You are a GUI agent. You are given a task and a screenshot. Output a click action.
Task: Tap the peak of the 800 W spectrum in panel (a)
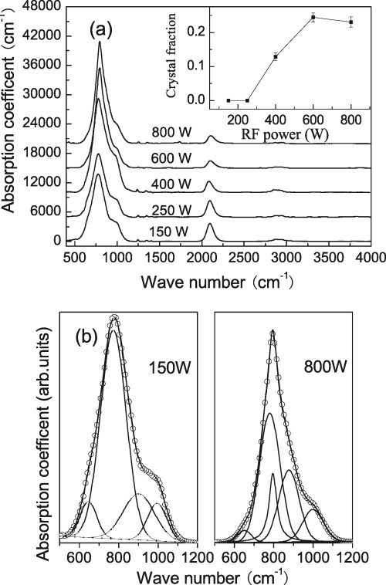point(100,42)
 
